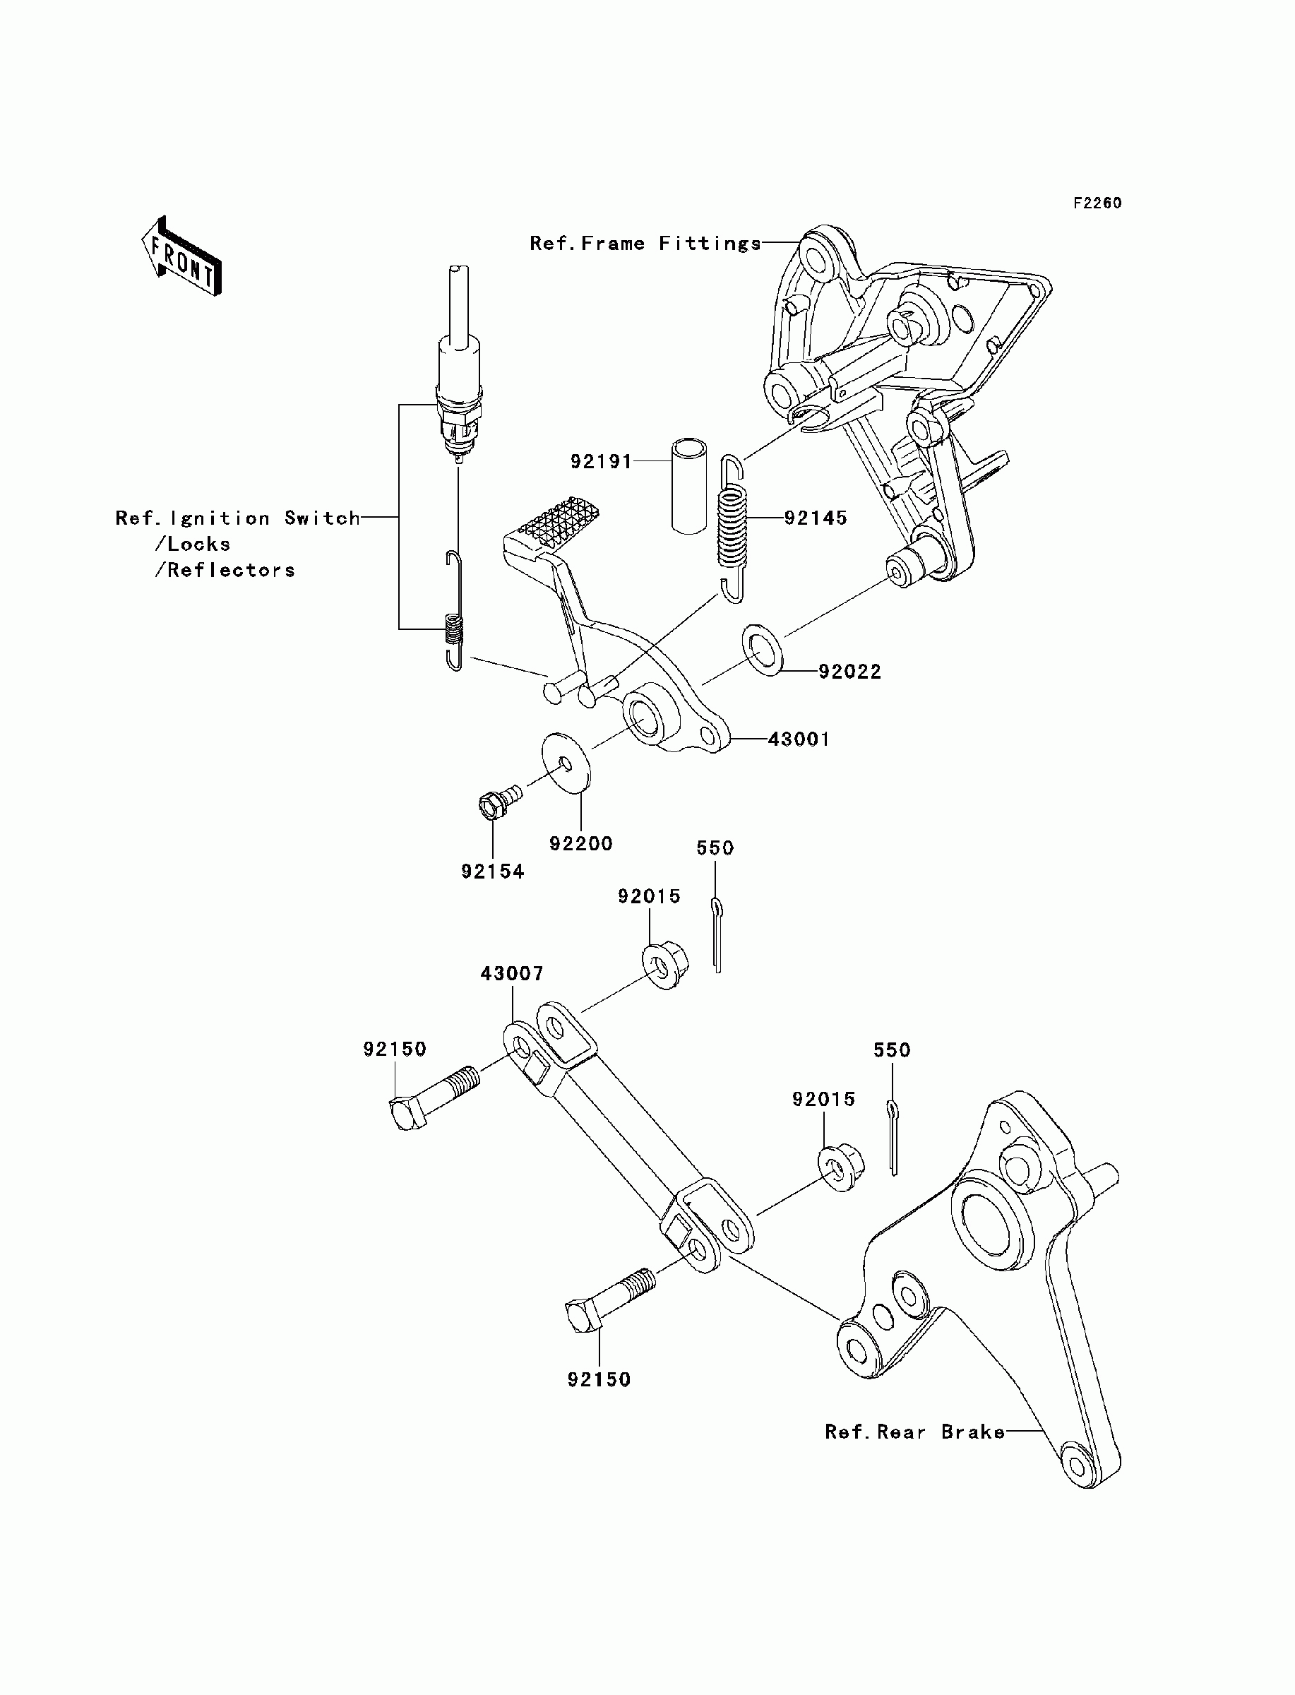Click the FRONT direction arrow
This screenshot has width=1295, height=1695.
point(182,256)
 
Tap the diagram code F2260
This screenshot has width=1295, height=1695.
point(1098,203)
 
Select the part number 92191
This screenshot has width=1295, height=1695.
point(602,462)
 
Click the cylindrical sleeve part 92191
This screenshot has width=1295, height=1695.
point(688,486)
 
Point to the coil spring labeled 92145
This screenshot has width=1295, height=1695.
point(733,529)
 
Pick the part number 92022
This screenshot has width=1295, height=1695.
point(849,672)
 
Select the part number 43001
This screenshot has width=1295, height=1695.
point(799,739)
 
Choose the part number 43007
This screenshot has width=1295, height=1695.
point(512,973)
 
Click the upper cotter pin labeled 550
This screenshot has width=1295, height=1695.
point(717,935)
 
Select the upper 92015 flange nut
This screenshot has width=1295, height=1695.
point(665,964)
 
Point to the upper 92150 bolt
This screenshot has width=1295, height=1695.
point(434,1097)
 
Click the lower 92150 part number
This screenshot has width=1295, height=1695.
point(599,1380)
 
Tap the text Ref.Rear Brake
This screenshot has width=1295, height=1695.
point(915,1432)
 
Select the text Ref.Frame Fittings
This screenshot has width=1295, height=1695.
point(645,244)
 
